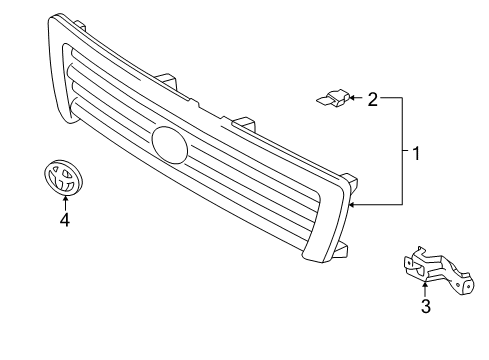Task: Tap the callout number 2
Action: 373,98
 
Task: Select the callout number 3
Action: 425,307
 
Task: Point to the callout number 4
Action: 64,219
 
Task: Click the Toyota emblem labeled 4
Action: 62,180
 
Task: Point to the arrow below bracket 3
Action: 425,288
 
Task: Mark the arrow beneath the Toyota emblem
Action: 64,201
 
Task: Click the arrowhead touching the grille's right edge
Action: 353,204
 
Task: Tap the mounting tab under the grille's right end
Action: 340,247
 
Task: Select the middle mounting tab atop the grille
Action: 240,125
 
